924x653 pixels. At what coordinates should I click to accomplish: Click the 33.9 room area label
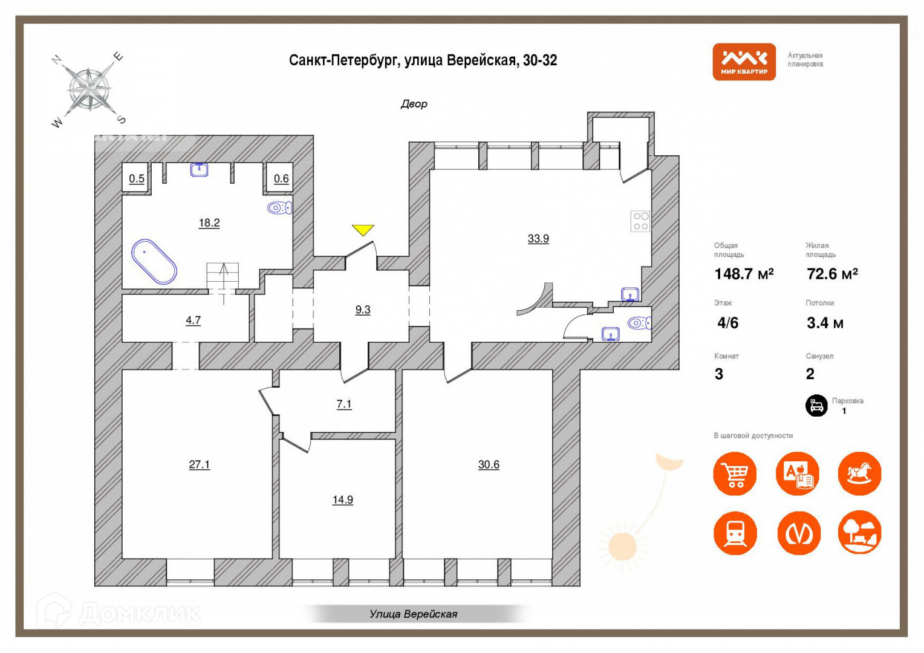click(538, 239)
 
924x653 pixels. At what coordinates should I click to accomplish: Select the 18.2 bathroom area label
click(209, 223)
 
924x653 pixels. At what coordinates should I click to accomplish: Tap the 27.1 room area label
click(199, 465)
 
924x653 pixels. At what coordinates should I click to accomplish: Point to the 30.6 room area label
click(489, 465)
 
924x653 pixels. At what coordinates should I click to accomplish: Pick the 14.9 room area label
click(343, 500)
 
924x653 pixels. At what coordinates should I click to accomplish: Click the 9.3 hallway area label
click(363, 310)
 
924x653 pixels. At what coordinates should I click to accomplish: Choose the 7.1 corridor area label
click(344, 404)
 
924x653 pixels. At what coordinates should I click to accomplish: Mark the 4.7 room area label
click(193, 320)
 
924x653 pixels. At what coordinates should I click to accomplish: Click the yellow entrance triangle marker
click(363, 230)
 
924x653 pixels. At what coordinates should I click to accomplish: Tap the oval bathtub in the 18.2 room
click(154, 262)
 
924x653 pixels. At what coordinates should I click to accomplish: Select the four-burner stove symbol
click(640, 221)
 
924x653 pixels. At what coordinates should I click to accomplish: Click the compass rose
click(89, 89)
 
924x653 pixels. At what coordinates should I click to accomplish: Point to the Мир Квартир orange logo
click(744, 62)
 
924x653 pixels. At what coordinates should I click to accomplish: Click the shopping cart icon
click(735, 473)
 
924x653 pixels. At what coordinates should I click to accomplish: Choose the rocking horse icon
click(859, 473)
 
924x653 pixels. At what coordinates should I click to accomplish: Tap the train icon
click(735, 533)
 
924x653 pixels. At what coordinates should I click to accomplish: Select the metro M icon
click(798, 533)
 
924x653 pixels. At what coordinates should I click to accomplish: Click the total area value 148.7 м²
click(744, 275)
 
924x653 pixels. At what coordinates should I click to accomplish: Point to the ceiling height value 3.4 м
click(825, 323)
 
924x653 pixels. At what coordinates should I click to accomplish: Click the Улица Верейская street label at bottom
click(414, 614)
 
